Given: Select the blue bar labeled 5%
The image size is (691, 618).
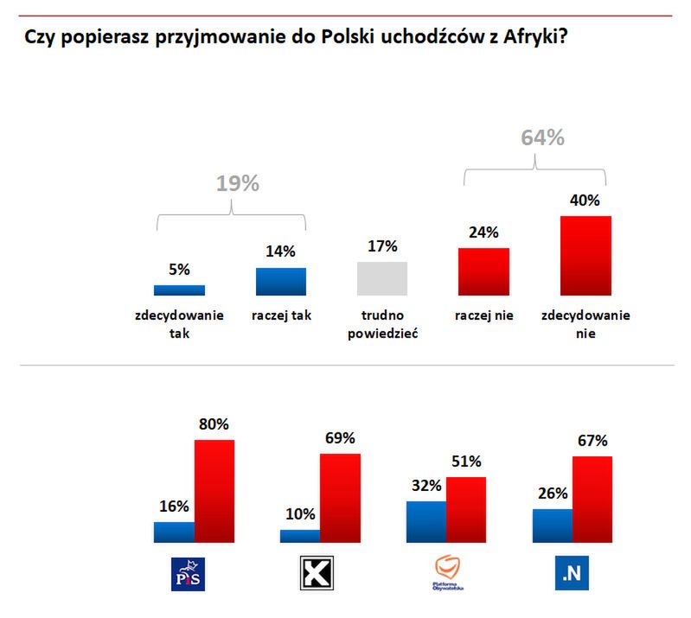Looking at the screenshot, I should (x=179, y=290).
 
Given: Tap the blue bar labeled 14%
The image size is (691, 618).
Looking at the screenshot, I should (x=281, y=282).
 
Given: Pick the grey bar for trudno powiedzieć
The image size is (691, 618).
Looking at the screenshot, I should (x=382, y=278).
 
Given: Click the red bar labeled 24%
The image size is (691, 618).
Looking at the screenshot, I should (x=483, y=271).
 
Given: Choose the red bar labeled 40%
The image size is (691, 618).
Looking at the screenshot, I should (x=585, y=255).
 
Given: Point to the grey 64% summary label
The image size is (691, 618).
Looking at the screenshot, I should (x=542, y=138).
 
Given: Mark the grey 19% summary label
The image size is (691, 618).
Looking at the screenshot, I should (x=237, y=184).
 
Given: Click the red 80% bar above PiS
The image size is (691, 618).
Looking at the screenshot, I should (x=214, y=491).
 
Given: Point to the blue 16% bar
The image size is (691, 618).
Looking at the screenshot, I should (x=174, y=532).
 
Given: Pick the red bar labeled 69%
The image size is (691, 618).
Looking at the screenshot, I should (x=340, y=498).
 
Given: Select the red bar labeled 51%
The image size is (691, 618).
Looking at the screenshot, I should (x=466, y=510).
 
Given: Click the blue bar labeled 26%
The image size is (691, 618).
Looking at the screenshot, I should (x=552, y=526).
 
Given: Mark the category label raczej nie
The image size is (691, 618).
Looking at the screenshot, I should (x=484, y=315).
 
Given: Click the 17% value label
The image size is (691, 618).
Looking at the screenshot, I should (x=382, y=246).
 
